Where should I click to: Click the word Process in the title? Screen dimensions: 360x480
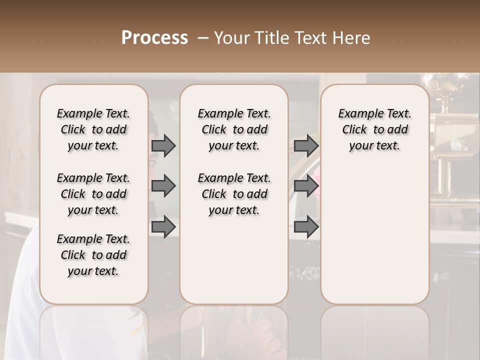click(x=154, y=38)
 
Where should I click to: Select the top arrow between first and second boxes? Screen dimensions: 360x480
click(x=163, y=145)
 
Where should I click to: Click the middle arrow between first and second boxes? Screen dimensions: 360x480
click(x=163, y=186)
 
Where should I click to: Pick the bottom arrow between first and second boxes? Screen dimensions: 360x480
click(x=163, y=226)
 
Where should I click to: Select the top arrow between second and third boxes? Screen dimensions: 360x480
click(x=306, y=145)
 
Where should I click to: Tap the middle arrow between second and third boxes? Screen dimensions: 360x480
click(x=306, y=186)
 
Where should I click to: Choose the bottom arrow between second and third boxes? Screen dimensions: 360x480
click(x=306, y=226)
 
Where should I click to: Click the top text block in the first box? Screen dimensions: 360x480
click(x=93, y=129)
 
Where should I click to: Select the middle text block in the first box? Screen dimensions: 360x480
click(x=93, y=194)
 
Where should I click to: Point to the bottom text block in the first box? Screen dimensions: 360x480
click(x=93, y=255)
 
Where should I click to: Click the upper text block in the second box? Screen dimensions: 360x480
click(x=234, y=129)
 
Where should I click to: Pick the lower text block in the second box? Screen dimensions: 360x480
click(x=234, y=194)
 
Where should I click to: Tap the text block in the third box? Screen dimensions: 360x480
click(x=374, y=129)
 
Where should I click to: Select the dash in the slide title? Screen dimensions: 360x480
click(x=202, y=38)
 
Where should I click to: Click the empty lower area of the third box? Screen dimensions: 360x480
click(x=374, y=235)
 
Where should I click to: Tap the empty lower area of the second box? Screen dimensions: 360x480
click(x=234, y=260)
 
